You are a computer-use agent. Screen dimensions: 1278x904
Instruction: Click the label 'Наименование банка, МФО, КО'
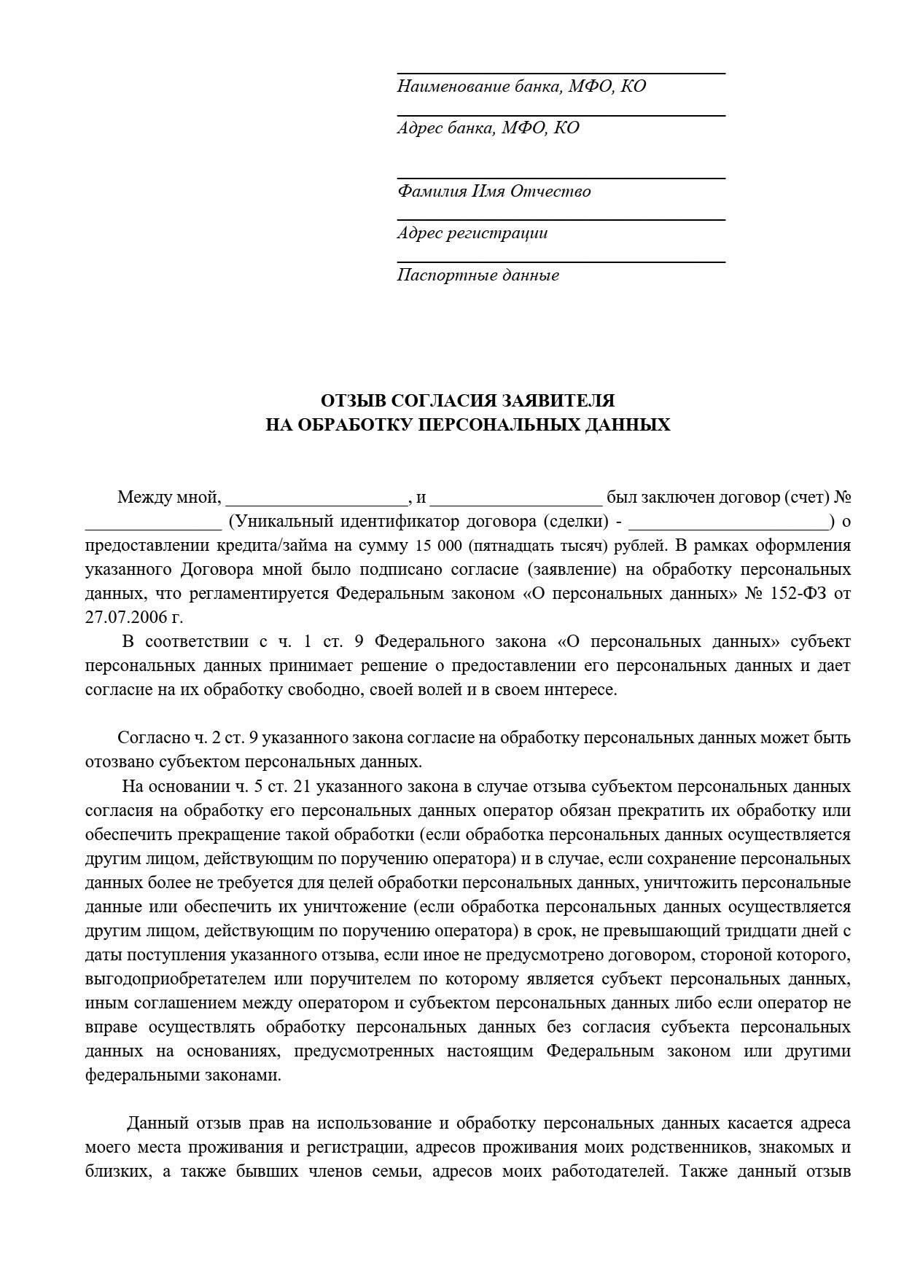point(521,87)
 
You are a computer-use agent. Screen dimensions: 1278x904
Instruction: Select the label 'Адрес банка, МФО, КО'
point(488,128)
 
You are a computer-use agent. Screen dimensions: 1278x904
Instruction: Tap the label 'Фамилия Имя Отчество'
point(494,192)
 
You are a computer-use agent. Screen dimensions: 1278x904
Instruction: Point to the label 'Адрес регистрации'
point(472,233)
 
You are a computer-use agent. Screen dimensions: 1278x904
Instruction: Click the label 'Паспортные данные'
point(478,275)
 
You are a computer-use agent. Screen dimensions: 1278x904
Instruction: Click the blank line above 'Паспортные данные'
point(561,261)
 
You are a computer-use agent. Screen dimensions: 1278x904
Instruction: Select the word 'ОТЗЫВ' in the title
point(354,401)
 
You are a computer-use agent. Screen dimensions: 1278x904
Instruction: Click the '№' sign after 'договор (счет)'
point(843,498)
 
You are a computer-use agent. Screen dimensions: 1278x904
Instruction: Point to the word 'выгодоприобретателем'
point(165,979)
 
